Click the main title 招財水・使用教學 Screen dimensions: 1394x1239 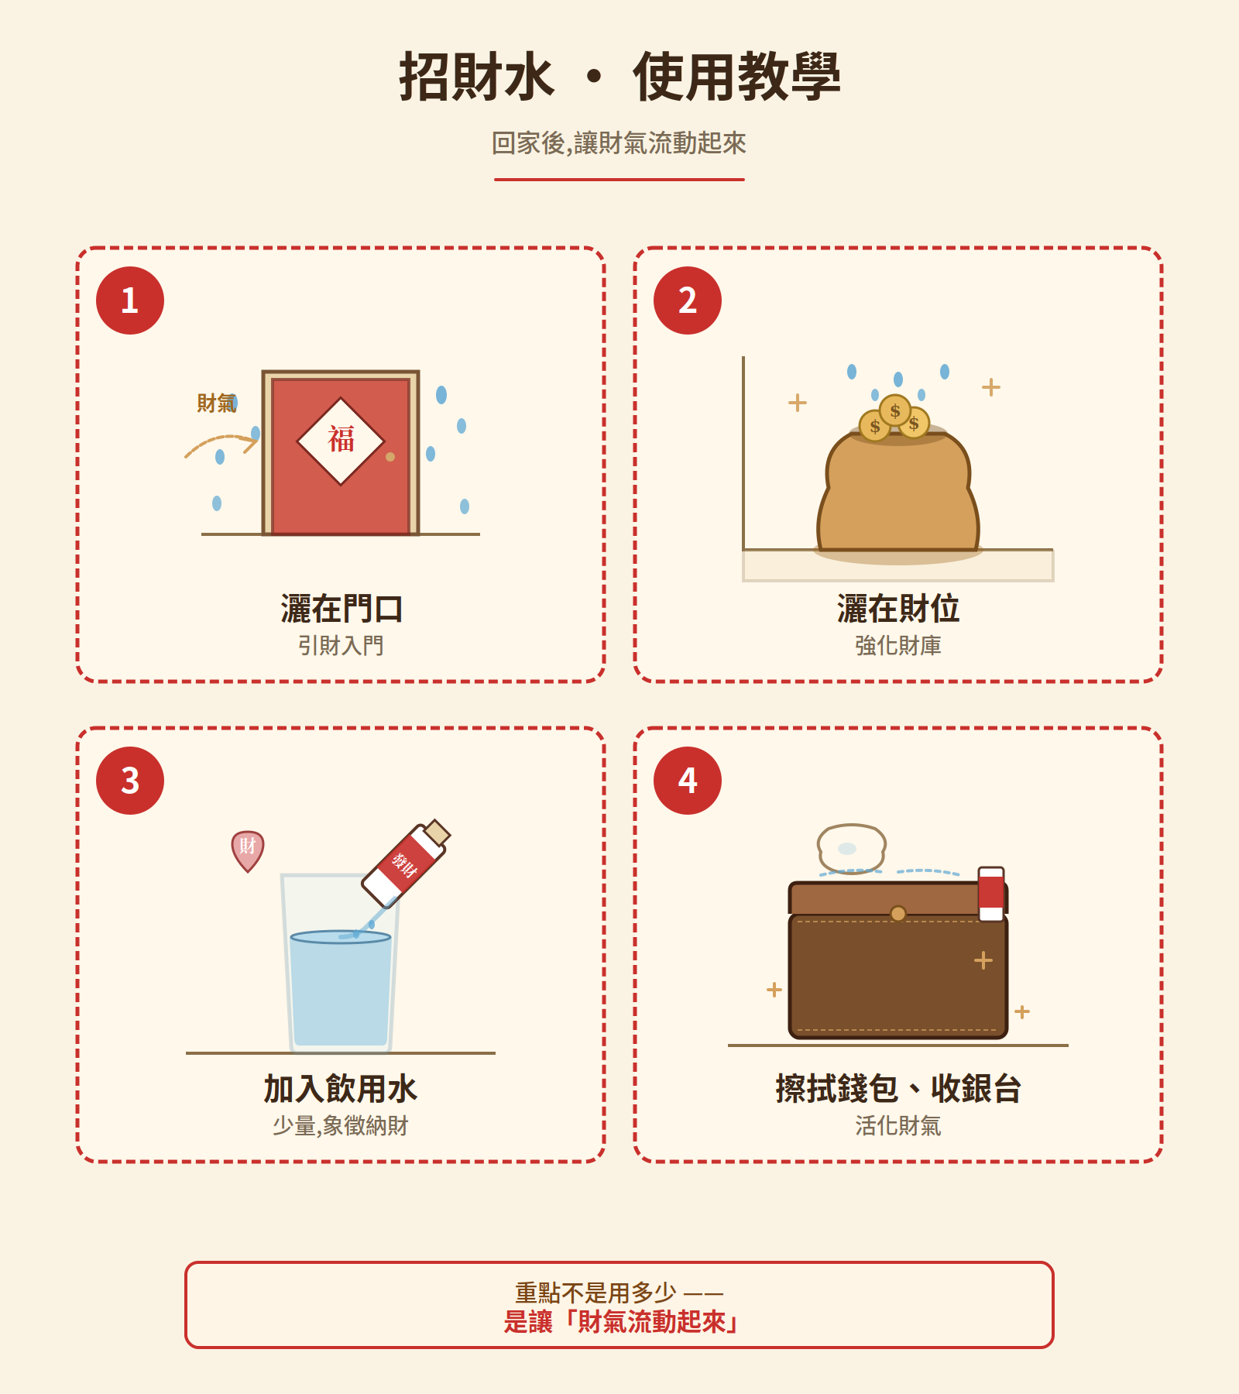619,77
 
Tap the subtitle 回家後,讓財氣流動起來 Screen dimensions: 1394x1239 619,143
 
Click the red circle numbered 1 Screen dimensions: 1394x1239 130,300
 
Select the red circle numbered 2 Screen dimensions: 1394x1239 688,300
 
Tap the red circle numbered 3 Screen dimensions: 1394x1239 130,781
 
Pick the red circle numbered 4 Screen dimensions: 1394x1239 688,781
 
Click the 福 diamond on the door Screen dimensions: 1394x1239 341,441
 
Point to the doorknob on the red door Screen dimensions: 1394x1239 390,457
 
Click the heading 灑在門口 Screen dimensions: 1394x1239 341,609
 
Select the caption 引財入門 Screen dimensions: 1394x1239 341,645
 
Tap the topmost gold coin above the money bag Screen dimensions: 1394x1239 895,410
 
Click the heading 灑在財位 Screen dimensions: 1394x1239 898,609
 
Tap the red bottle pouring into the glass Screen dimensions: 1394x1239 405,864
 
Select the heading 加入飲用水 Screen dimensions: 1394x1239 341,1089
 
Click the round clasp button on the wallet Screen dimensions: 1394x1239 898,914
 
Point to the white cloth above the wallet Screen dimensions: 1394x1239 851,848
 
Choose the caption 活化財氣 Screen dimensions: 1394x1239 898,1125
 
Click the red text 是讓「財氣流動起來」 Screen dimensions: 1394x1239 619,1322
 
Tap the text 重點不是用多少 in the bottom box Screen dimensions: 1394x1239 596,1292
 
